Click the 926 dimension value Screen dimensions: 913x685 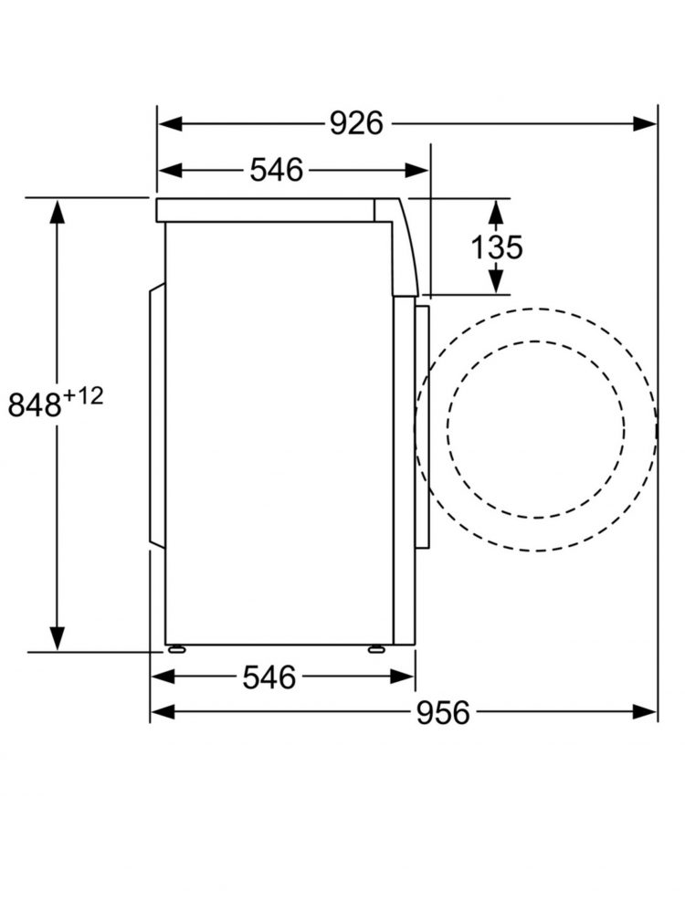coord(356,122)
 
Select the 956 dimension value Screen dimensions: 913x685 coord(443,712)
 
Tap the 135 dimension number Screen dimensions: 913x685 coord(497,247)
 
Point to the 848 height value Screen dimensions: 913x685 coord(34,404)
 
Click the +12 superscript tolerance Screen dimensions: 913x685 coord(83,394)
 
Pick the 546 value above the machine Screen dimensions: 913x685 coord(276,170)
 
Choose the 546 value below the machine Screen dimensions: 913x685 coord(269,677)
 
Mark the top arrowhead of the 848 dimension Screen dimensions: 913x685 coord(58,211)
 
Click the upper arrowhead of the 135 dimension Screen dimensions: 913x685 coord(495,213)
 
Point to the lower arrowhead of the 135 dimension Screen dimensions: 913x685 coord(495,280)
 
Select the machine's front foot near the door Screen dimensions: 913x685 coord(376,649)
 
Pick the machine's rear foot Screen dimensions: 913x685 coord(174,649)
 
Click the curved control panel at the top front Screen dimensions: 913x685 coord(402,247)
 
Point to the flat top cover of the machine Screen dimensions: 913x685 coord(265,210)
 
